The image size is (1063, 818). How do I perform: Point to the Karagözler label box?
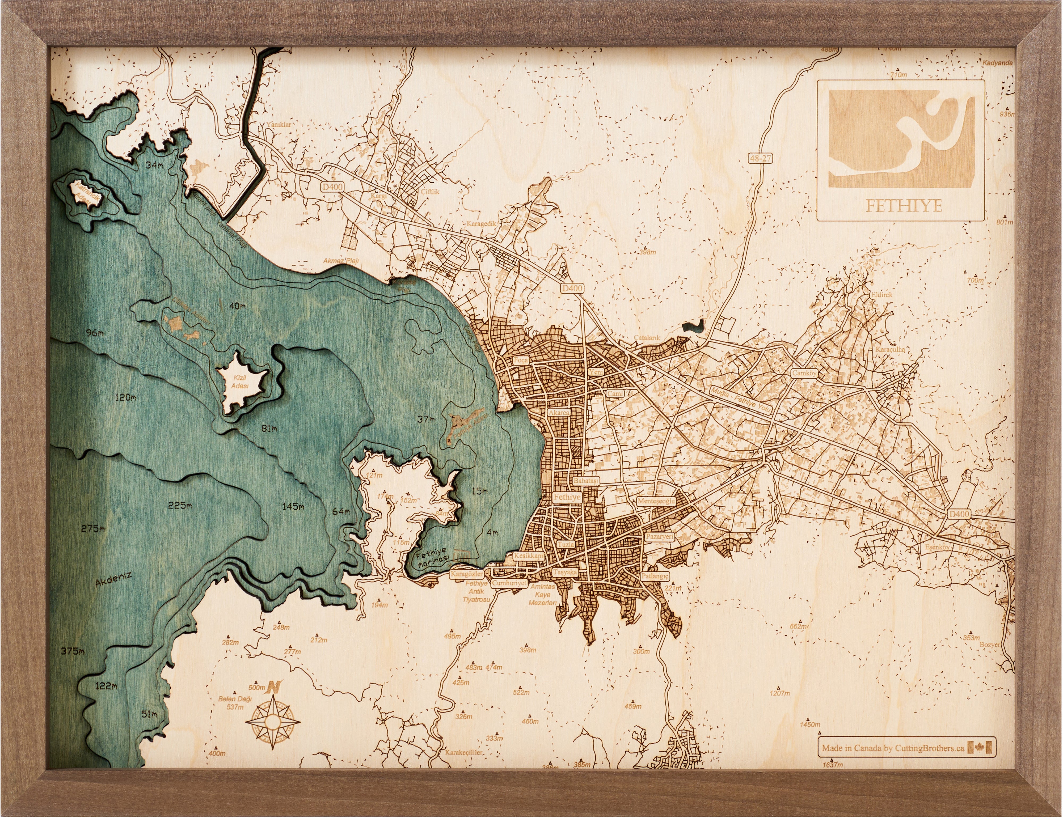[466, 574]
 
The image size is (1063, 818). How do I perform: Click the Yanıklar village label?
[279, 125]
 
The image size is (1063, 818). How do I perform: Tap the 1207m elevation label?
[780, 693]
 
